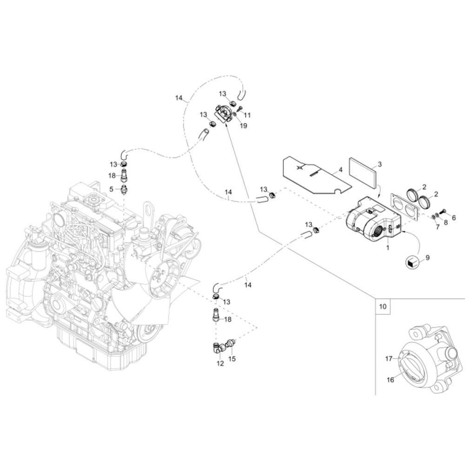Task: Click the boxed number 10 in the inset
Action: pos(383,306)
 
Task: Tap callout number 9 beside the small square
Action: pos(427,258)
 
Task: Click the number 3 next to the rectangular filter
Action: pos(379,164)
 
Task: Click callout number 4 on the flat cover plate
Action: pos(340,170)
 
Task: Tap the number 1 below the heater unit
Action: pos(388,247)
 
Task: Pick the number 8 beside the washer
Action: pos(446,222)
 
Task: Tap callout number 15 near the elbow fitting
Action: pos(232,359)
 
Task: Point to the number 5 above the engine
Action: pos(111,189)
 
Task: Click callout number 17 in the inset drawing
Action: pos(389,359)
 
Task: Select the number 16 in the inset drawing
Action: pos(390,379)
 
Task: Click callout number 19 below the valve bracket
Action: pos(243,126)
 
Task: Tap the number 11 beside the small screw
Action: pos(247,115)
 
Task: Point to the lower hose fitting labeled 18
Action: pos(216,315)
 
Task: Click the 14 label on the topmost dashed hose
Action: pos(179,98)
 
